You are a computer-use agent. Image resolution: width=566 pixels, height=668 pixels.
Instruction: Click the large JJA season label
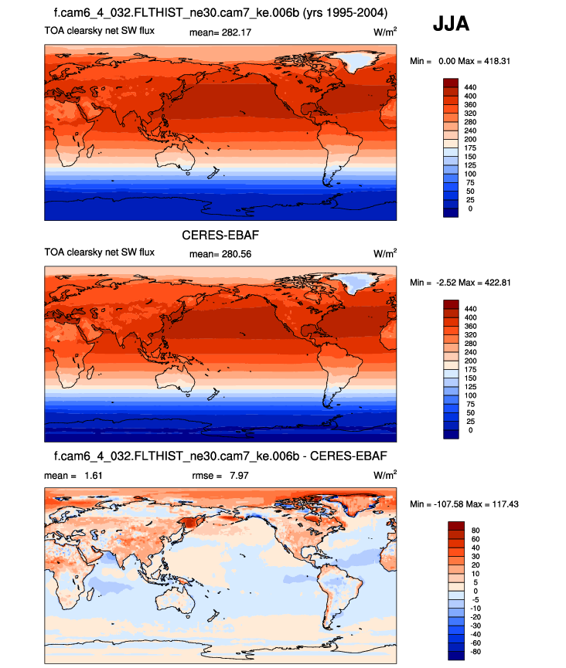point(452,25)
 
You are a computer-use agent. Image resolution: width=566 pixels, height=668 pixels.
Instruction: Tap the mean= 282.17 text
point(220,32)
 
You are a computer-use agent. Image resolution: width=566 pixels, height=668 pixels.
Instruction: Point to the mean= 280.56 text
point(220,253)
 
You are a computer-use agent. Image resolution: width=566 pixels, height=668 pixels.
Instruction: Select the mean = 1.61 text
point(73,476)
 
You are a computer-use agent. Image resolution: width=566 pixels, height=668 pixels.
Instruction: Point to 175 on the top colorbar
point(470,148)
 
